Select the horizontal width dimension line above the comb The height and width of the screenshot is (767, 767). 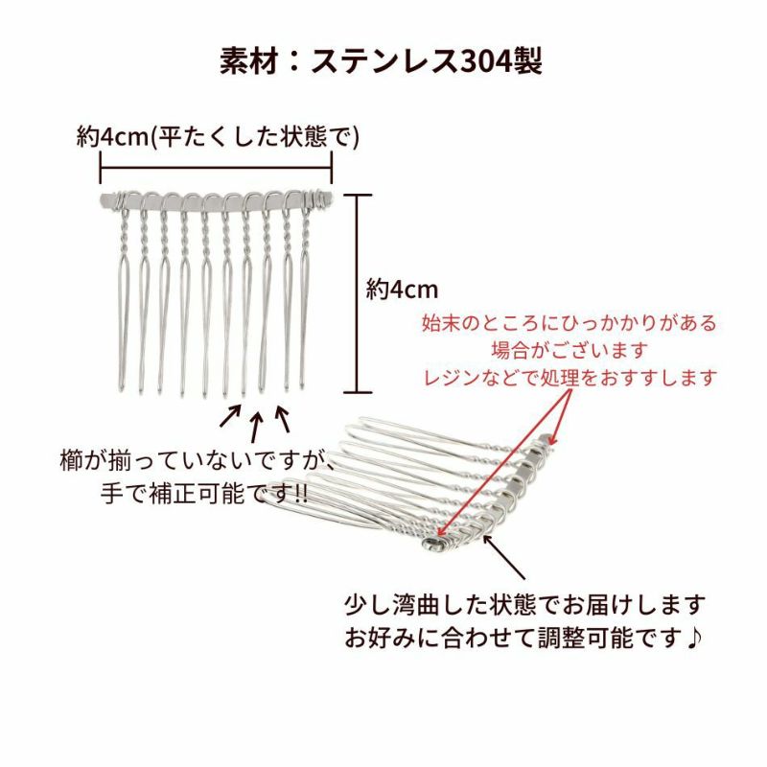click(216, 172)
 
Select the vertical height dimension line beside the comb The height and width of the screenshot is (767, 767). click(357, 292)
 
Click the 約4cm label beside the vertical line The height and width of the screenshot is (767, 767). click(402, 289)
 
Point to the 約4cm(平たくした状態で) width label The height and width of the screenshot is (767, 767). click(218, 137)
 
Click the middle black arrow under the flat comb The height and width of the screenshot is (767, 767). click(256, 423)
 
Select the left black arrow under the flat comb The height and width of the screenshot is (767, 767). click(231, 416)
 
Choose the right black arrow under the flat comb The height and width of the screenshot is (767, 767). click(282, 417)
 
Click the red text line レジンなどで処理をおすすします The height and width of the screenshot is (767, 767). click(570, 378)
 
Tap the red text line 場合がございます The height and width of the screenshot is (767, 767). click(569, 351)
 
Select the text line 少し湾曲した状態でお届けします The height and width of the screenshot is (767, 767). click(524, 605)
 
